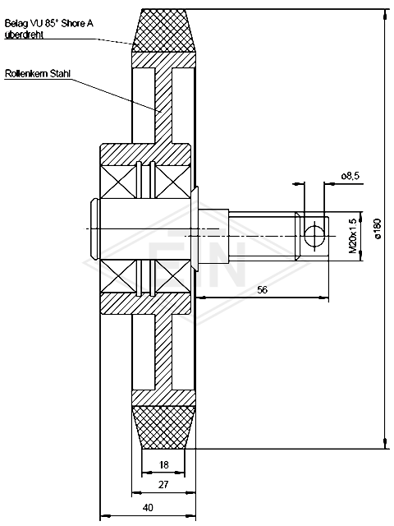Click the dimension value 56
(263, 289)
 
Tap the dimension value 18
(163, 464)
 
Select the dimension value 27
(163, 484)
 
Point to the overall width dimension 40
(148, 507)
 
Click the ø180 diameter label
(378, 228)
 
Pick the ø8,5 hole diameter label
(350, 175)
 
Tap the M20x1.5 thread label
(352, 236)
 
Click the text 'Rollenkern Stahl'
(38, 73)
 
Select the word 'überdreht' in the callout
(24, 35)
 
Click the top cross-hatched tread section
(163, 30)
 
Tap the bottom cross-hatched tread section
(163, 427)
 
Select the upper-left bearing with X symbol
(119, 181)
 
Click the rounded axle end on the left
(94, 229)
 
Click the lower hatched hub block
(146, 303)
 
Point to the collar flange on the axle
(195, 229)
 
